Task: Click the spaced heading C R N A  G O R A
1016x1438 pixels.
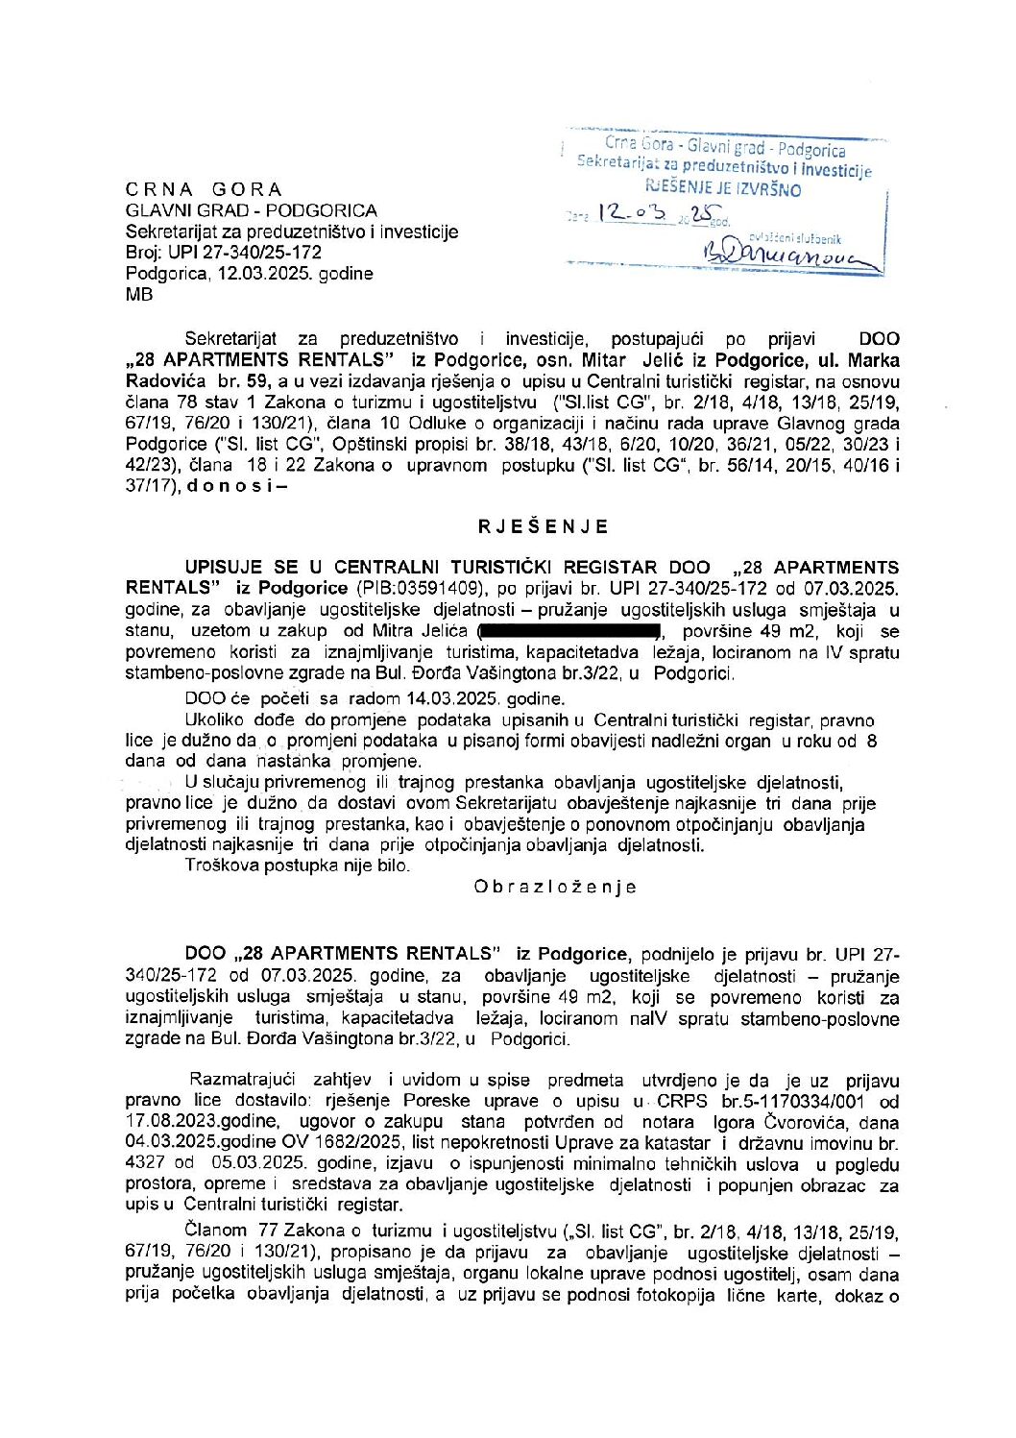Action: coord(204,189)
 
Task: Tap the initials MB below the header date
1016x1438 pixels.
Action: coord(139,295)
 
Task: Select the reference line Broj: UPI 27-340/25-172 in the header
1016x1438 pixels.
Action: coord(224,253)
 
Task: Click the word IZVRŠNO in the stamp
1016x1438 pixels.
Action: coord(769,190)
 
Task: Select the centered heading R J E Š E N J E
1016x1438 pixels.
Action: coord(544,526)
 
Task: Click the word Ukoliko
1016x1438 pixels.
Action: coord(215,719)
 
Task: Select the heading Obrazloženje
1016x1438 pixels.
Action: coord(554,887)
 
